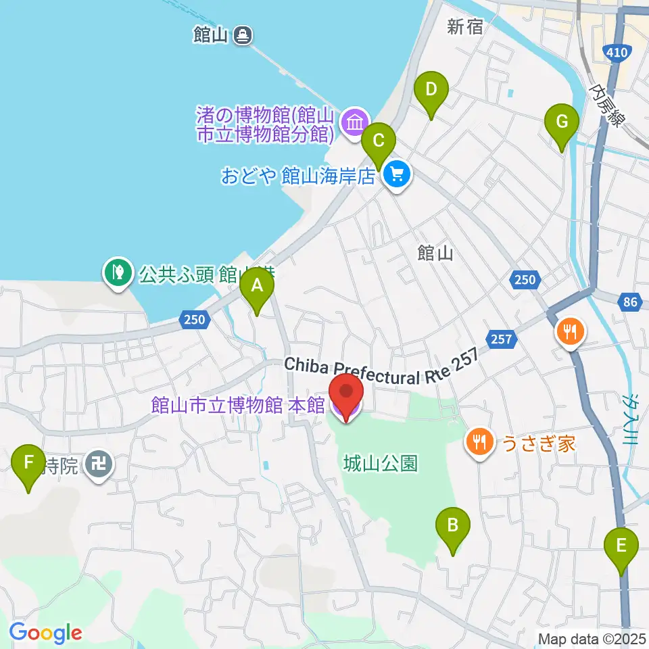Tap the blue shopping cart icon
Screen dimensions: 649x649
click(x=395, y=176)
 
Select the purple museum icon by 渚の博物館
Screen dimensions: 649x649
click(x=354, y=123)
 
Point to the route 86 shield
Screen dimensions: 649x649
click(x=630, y=302)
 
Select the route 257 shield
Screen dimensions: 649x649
click(x=502, y=337)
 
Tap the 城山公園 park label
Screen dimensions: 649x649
click(x=380, y=464)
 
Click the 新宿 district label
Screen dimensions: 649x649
click(x=464, y=27)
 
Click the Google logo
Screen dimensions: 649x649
click(x=45, y=633)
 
